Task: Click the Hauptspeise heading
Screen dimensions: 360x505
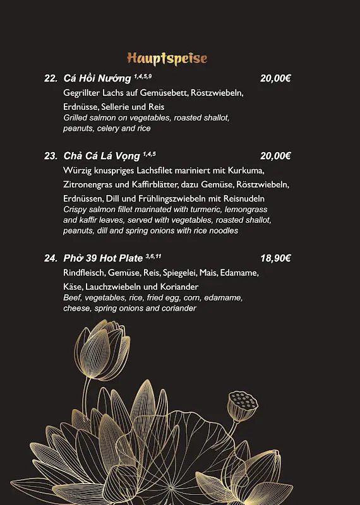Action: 167,59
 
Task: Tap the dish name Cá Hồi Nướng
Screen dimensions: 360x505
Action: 97,79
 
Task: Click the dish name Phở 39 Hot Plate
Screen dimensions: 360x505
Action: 103,258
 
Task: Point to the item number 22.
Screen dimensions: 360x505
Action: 51,79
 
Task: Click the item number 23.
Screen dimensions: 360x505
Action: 51,156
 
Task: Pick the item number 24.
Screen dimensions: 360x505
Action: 51,258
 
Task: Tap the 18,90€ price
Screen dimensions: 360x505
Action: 275,258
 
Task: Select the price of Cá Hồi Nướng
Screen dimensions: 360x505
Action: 275,79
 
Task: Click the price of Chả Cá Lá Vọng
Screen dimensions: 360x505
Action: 275,156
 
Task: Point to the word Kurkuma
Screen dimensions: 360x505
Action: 248,170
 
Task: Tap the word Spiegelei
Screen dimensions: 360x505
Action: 179,273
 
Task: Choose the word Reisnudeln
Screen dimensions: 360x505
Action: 243,198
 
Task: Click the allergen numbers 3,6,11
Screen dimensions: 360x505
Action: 153,256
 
